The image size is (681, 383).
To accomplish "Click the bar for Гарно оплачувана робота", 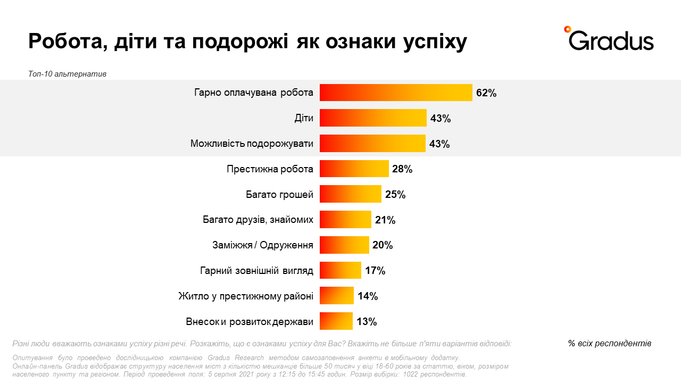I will (396, 93).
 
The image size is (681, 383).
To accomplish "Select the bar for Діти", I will (373, 118).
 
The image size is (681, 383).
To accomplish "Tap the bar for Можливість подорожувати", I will (372, 144).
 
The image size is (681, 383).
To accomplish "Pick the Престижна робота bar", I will (354, 169).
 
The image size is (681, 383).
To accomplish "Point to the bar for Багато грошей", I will (351, 194).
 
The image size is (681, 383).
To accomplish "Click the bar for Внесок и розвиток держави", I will (336, 321).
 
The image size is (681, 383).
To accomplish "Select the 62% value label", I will (486, 93).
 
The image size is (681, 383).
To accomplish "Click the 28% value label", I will (402, 169).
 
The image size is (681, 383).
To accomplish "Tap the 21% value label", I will (385, 220).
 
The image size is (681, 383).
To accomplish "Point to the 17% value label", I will (375, 271).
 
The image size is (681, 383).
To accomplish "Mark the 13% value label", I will (367, 321).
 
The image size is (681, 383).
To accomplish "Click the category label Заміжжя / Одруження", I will (263, 245).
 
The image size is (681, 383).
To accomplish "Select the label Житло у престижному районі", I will (246, 296).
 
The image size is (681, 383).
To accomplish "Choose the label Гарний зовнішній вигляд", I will (256, 271).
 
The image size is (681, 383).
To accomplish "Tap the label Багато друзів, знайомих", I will (258, 220).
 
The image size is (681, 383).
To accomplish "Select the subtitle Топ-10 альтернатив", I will (67, 74).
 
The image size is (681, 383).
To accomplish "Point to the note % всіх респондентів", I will (610, 343).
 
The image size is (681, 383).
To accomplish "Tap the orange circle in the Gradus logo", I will (568, 29).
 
